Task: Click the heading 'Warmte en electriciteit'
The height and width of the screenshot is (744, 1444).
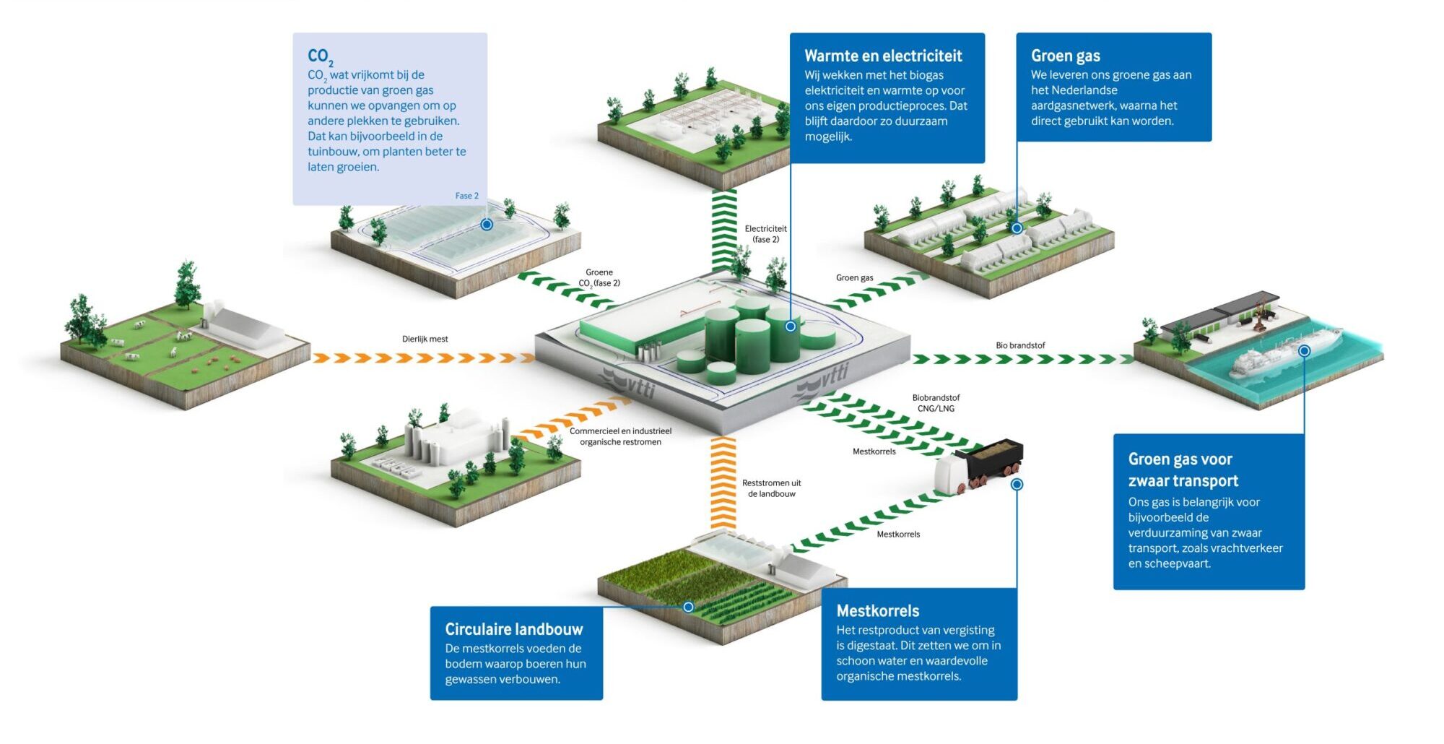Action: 883,56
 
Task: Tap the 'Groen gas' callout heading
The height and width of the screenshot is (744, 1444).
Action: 1066,56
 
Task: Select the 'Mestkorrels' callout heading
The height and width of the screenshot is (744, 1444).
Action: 878,610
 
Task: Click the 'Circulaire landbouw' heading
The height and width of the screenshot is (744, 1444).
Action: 514,629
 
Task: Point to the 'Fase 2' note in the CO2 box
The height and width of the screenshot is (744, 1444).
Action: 466,196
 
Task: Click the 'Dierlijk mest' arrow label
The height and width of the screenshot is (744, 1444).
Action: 425,339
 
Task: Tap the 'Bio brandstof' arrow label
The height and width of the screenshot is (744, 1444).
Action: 1020,345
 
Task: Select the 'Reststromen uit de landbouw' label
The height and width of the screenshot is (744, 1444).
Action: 772,488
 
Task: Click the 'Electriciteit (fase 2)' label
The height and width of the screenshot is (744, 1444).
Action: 766,234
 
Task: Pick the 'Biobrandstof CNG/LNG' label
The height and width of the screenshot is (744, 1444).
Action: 936,403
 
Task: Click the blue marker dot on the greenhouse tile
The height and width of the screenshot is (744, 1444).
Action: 487,225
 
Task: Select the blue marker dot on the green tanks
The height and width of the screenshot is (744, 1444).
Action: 791,326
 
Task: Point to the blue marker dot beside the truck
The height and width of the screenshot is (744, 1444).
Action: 1017,484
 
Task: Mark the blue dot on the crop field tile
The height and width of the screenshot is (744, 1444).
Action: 688,607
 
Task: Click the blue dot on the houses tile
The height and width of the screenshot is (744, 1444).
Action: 1017,228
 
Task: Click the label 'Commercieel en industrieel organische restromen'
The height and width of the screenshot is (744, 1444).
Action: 620,436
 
